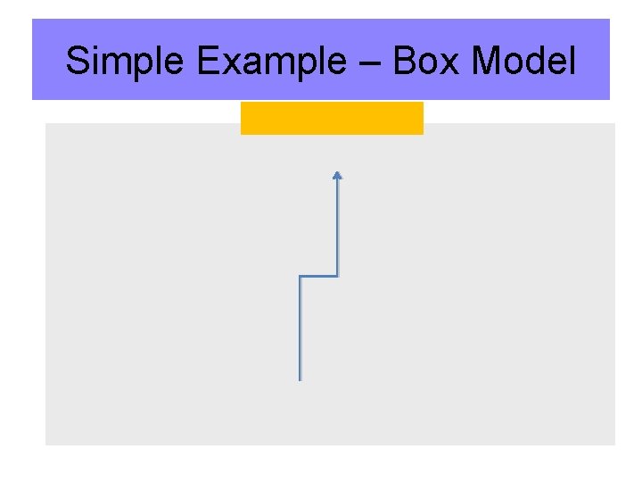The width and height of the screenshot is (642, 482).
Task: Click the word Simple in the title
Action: pos(126,62)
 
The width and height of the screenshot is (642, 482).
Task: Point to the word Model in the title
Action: pos(523,62)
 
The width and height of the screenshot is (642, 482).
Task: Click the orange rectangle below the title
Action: pos(332,118)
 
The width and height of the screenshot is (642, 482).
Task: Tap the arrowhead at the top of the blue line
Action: pos(337,176)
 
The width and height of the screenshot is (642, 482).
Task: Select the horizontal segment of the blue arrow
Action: pos(318,276)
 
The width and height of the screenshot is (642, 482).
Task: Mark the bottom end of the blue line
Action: pos(300,379)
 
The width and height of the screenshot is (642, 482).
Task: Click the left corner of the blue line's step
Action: pos(300,277)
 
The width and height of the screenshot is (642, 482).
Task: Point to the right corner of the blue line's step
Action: pos(337,276)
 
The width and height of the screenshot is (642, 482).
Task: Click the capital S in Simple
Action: pos(78,62)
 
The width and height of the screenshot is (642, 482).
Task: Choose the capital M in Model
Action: pos(487,62)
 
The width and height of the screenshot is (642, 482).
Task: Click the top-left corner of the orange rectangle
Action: pos(242,103)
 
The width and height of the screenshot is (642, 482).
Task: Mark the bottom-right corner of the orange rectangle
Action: pos(422,133)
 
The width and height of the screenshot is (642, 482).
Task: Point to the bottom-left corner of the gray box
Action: pos(46,444)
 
